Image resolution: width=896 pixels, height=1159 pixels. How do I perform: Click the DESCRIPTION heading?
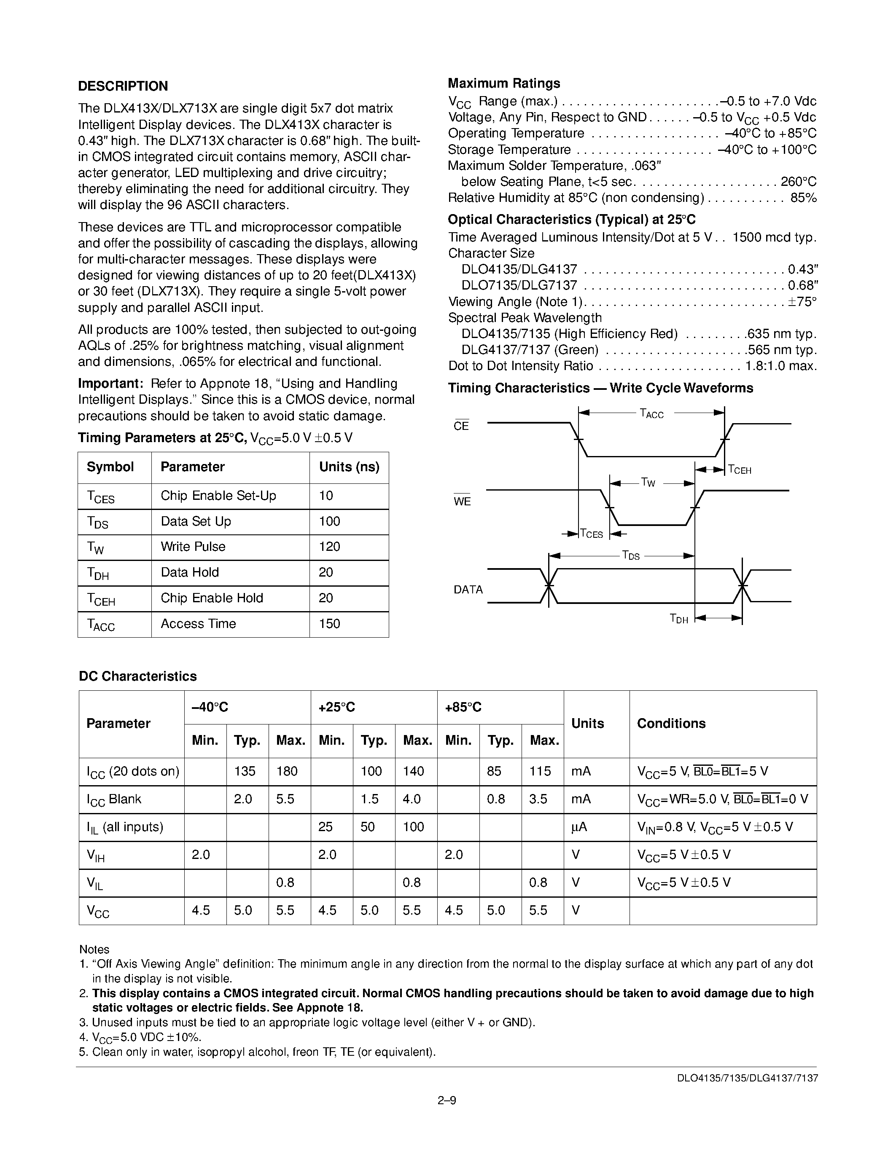pos(123,86)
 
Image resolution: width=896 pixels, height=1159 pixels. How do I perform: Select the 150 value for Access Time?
pos(329,624)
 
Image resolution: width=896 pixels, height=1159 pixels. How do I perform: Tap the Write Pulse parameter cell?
pos(193,547)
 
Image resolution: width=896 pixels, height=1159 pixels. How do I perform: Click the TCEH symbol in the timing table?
pos(101,599)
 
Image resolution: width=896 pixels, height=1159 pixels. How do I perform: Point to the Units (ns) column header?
pos(349,467)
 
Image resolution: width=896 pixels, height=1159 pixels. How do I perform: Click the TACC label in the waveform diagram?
pos(651,413)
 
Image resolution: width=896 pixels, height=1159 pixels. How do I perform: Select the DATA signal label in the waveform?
pos(468,590)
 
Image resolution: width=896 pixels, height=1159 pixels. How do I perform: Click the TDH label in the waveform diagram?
pos(679,618)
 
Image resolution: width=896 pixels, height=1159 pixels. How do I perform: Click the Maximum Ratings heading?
pos(504,83)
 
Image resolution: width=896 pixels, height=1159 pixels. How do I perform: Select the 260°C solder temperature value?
pos(798,182)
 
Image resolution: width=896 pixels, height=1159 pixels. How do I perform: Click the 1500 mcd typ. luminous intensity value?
pos(774,237)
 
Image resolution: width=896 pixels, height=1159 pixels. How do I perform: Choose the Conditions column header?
pos(671,724)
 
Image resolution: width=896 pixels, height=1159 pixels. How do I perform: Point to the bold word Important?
pos(110,384)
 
